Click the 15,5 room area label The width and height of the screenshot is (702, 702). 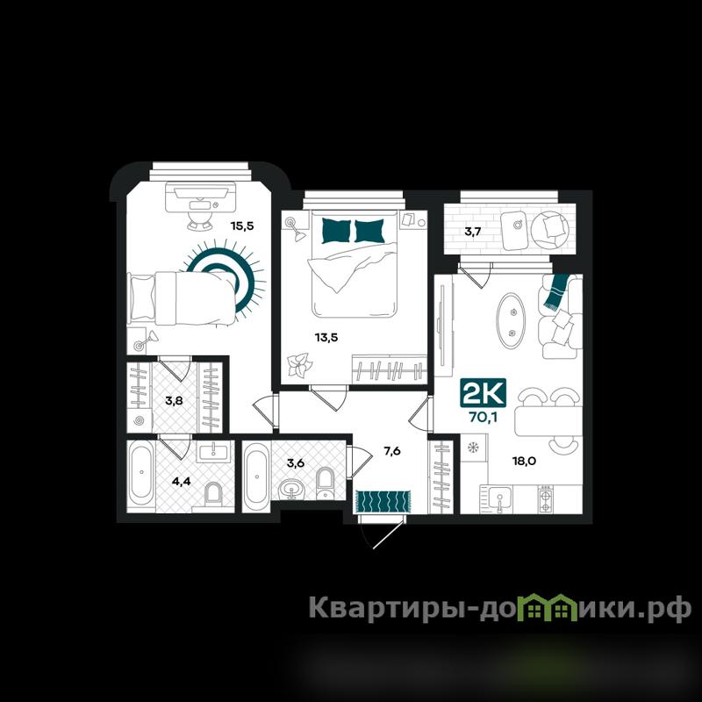(242, 226)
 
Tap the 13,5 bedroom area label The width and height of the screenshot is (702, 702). (326, 338)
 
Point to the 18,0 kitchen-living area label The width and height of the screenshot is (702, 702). (524, 462)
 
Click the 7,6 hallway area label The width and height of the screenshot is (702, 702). (392, 451)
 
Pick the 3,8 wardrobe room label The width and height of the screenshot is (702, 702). (174, 400)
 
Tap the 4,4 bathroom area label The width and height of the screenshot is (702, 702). (182, 481)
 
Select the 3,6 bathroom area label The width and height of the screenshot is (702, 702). (296, 462)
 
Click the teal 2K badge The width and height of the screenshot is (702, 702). (484, 393)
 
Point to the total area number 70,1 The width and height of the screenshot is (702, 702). (484, 418)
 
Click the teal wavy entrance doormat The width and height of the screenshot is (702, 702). (383, 501)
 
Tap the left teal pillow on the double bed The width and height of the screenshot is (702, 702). (336, 231)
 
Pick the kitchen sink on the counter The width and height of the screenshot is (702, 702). (499, 498)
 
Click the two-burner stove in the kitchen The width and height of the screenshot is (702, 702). (546, 500)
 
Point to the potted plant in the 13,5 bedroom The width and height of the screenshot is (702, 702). (298, 365)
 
